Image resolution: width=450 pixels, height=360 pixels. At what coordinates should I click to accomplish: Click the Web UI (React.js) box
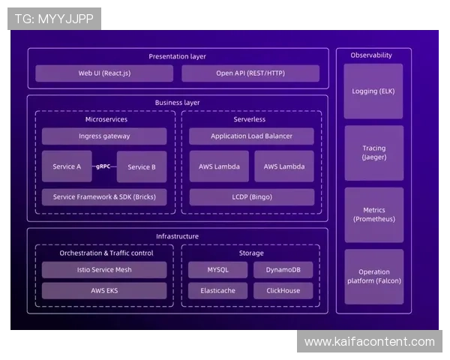coord(104,73)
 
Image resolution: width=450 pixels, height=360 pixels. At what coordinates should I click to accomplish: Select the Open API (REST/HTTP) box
coord(250,73)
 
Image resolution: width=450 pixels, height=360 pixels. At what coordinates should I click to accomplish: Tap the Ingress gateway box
coord(104,136)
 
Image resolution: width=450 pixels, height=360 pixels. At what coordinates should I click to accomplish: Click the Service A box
coord(67,166)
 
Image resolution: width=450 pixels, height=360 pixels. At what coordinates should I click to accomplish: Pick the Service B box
coord(142,166)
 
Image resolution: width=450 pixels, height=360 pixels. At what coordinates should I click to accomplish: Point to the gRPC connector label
coord(104,166)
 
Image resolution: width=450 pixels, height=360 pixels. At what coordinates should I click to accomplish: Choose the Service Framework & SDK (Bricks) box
coord(104,197)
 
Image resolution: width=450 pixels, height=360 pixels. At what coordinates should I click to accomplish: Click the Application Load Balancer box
coord(251,136)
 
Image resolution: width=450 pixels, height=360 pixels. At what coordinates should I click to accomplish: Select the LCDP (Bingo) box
coord(251,197)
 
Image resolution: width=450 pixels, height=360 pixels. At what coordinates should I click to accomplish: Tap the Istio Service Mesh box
coord(104,270)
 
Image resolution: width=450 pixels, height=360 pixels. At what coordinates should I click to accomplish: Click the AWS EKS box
coord(104,290)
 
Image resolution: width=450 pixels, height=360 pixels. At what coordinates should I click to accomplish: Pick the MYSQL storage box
coord(218,270)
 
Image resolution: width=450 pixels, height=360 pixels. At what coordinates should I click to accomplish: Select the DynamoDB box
coord(283,270)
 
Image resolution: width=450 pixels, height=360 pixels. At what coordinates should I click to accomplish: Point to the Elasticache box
coord(218,290)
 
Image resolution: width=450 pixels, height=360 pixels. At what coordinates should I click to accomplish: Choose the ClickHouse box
coord(283,290)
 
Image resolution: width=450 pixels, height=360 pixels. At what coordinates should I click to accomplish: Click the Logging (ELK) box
coord(373,91)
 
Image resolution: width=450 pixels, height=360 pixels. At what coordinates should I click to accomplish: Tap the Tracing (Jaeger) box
coord(373,153)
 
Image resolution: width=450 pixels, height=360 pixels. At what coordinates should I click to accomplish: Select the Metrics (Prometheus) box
coord(373,214)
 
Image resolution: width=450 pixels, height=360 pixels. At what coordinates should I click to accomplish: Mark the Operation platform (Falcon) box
coord(373,277)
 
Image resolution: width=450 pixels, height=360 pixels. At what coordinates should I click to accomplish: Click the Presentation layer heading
coord(177,56)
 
